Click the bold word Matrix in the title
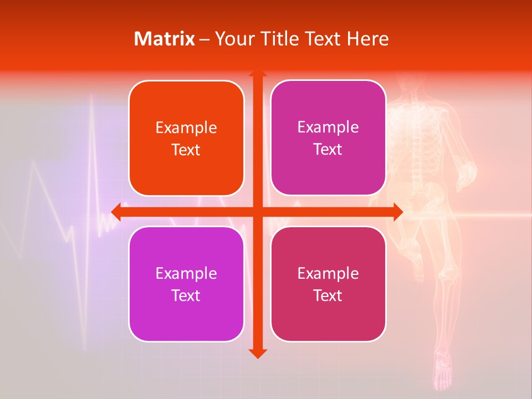pyautogui.click(x=165, y=39)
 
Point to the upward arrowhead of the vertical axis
pyautogui.click(x=258, y=74)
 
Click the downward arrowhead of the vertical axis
pyautogui.click(x=258, y=353)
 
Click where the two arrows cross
pyautogui.click(x=258, y=211)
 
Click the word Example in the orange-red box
pyautogui.click(x=186, y=128)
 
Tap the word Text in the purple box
pyautogui.click(x=186, y=295)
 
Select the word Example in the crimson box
pyautogui.click(x=328, y=273)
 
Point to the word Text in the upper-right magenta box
pyautogui.click(x=328, y=150)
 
